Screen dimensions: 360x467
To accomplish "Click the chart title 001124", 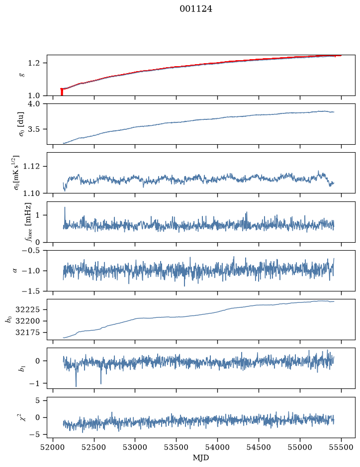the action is click(x=196, y=9).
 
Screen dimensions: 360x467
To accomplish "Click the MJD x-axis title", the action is click(x=201, y=458).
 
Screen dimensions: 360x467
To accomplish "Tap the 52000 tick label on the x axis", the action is click(x=53, y=447).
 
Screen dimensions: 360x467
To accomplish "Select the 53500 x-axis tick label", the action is click(x=177, y=447).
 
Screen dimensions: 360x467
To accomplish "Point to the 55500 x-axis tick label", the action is click(x=341, y=447).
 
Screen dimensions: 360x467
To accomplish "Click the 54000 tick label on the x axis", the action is click(x=217, y=447).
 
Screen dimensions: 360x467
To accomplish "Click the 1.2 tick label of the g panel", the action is click(x=34, y=63).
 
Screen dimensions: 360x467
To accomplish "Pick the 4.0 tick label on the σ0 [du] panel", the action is click(x=34, y=104).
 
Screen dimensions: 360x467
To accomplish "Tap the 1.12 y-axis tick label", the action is click(x=31, y=166).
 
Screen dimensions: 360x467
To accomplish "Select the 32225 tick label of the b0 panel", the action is click(x=27, y=310).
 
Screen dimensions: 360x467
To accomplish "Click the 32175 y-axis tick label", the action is click(x=27, y=333).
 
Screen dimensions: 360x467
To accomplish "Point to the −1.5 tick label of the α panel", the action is click(x=30, y=291).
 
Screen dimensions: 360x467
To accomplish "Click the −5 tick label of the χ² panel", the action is click(x=34, y=435).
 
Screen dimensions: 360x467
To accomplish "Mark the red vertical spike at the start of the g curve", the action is click(x=62, y=92).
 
